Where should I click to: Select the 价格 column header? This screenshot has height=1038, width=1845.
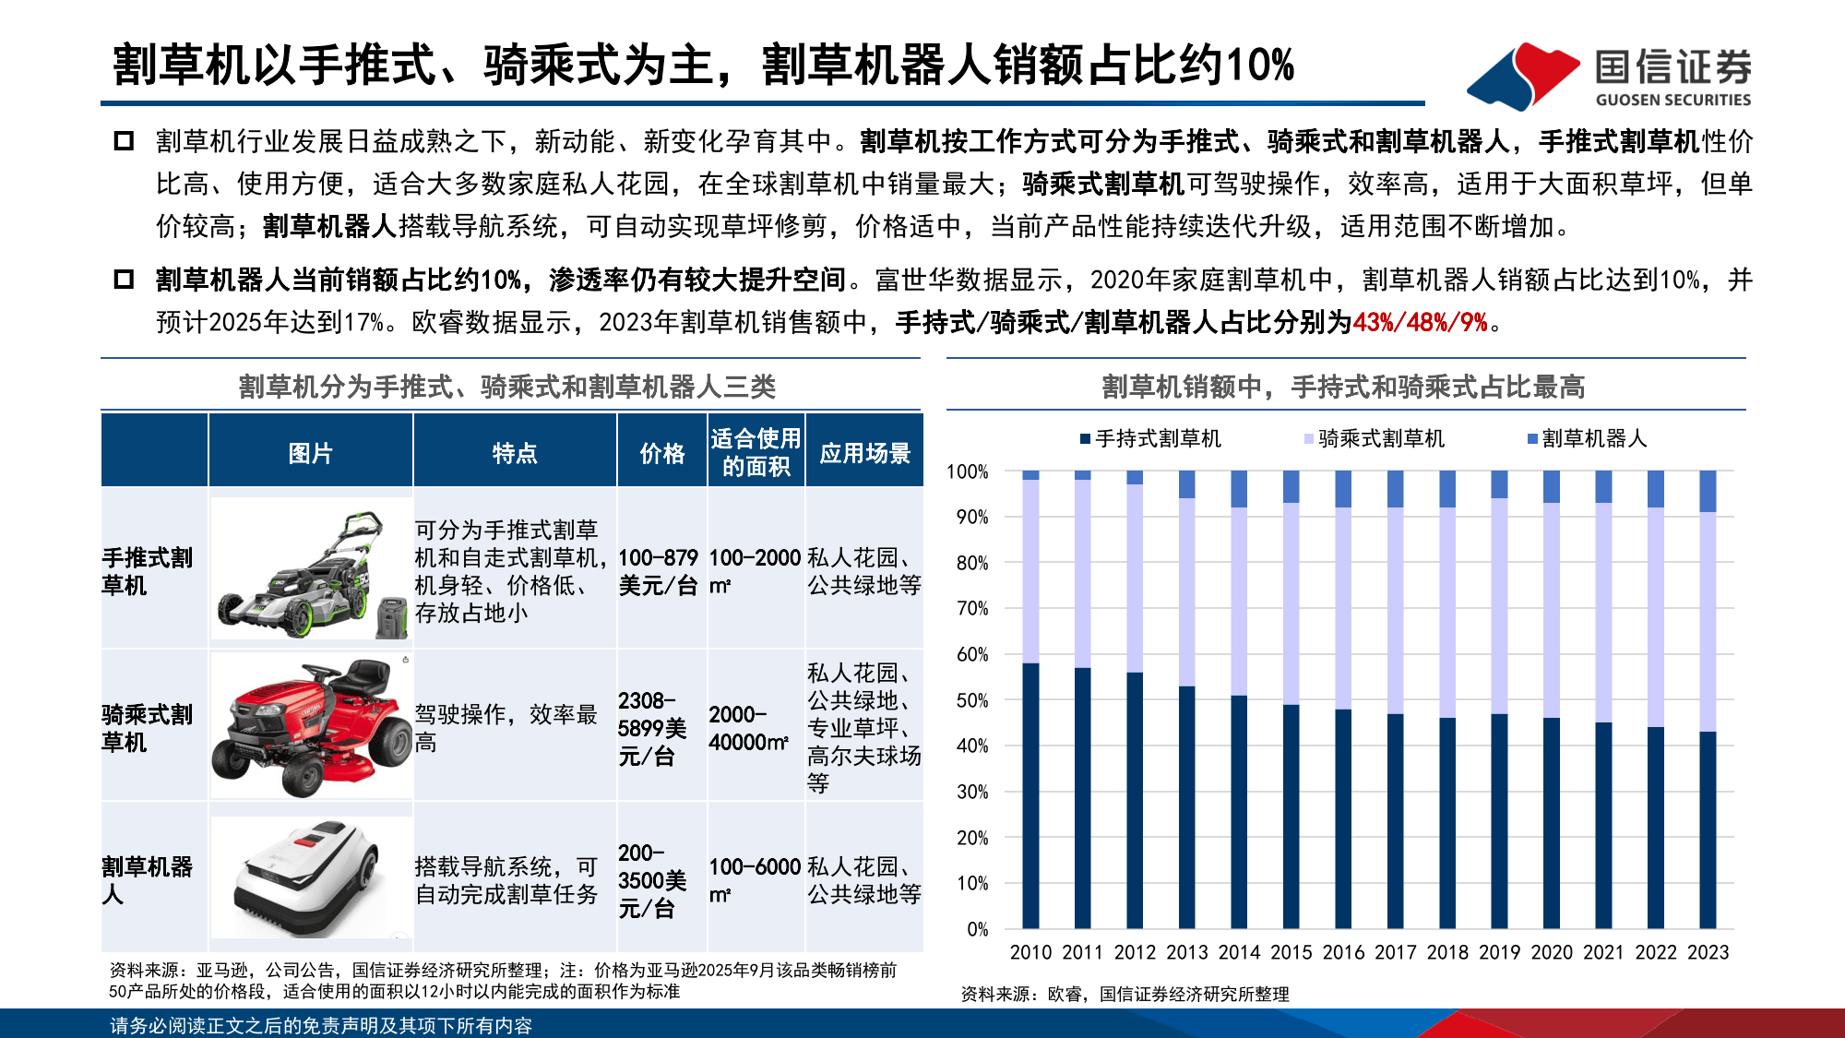[662, 452]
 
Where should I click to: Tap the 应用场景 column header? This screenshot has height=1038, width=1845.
[864, 452]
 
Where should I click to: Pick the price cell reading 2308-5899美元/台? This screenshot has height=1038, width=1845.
[652, 728]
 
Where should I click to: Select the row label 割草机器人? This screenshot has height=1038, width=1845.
[148, 879]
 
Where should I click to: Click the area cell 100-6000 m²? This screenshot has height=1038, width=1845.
[755, 879]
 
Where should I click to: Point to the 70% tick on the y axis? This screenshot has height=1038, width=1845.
[972, 608]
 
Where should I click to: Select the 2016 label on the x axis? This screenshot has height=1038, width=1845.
[1343, 952]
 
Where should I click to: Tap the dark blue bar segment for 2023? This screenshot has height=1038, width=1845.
[1708, 830]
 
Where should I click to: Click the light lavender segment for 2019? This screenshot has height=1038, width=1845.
[1499, 605]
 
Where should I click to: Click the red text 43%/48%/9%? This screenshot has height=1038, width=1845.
[1420, 322]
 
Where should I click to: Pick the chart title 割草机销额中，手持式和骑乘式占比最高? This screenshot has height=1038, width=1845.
[1343, 387]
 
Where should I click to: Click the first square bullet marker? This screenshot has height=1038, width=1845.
[124, 141]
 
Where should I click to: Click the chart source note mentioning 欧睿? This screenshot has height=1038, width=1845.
[1125, 994]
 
